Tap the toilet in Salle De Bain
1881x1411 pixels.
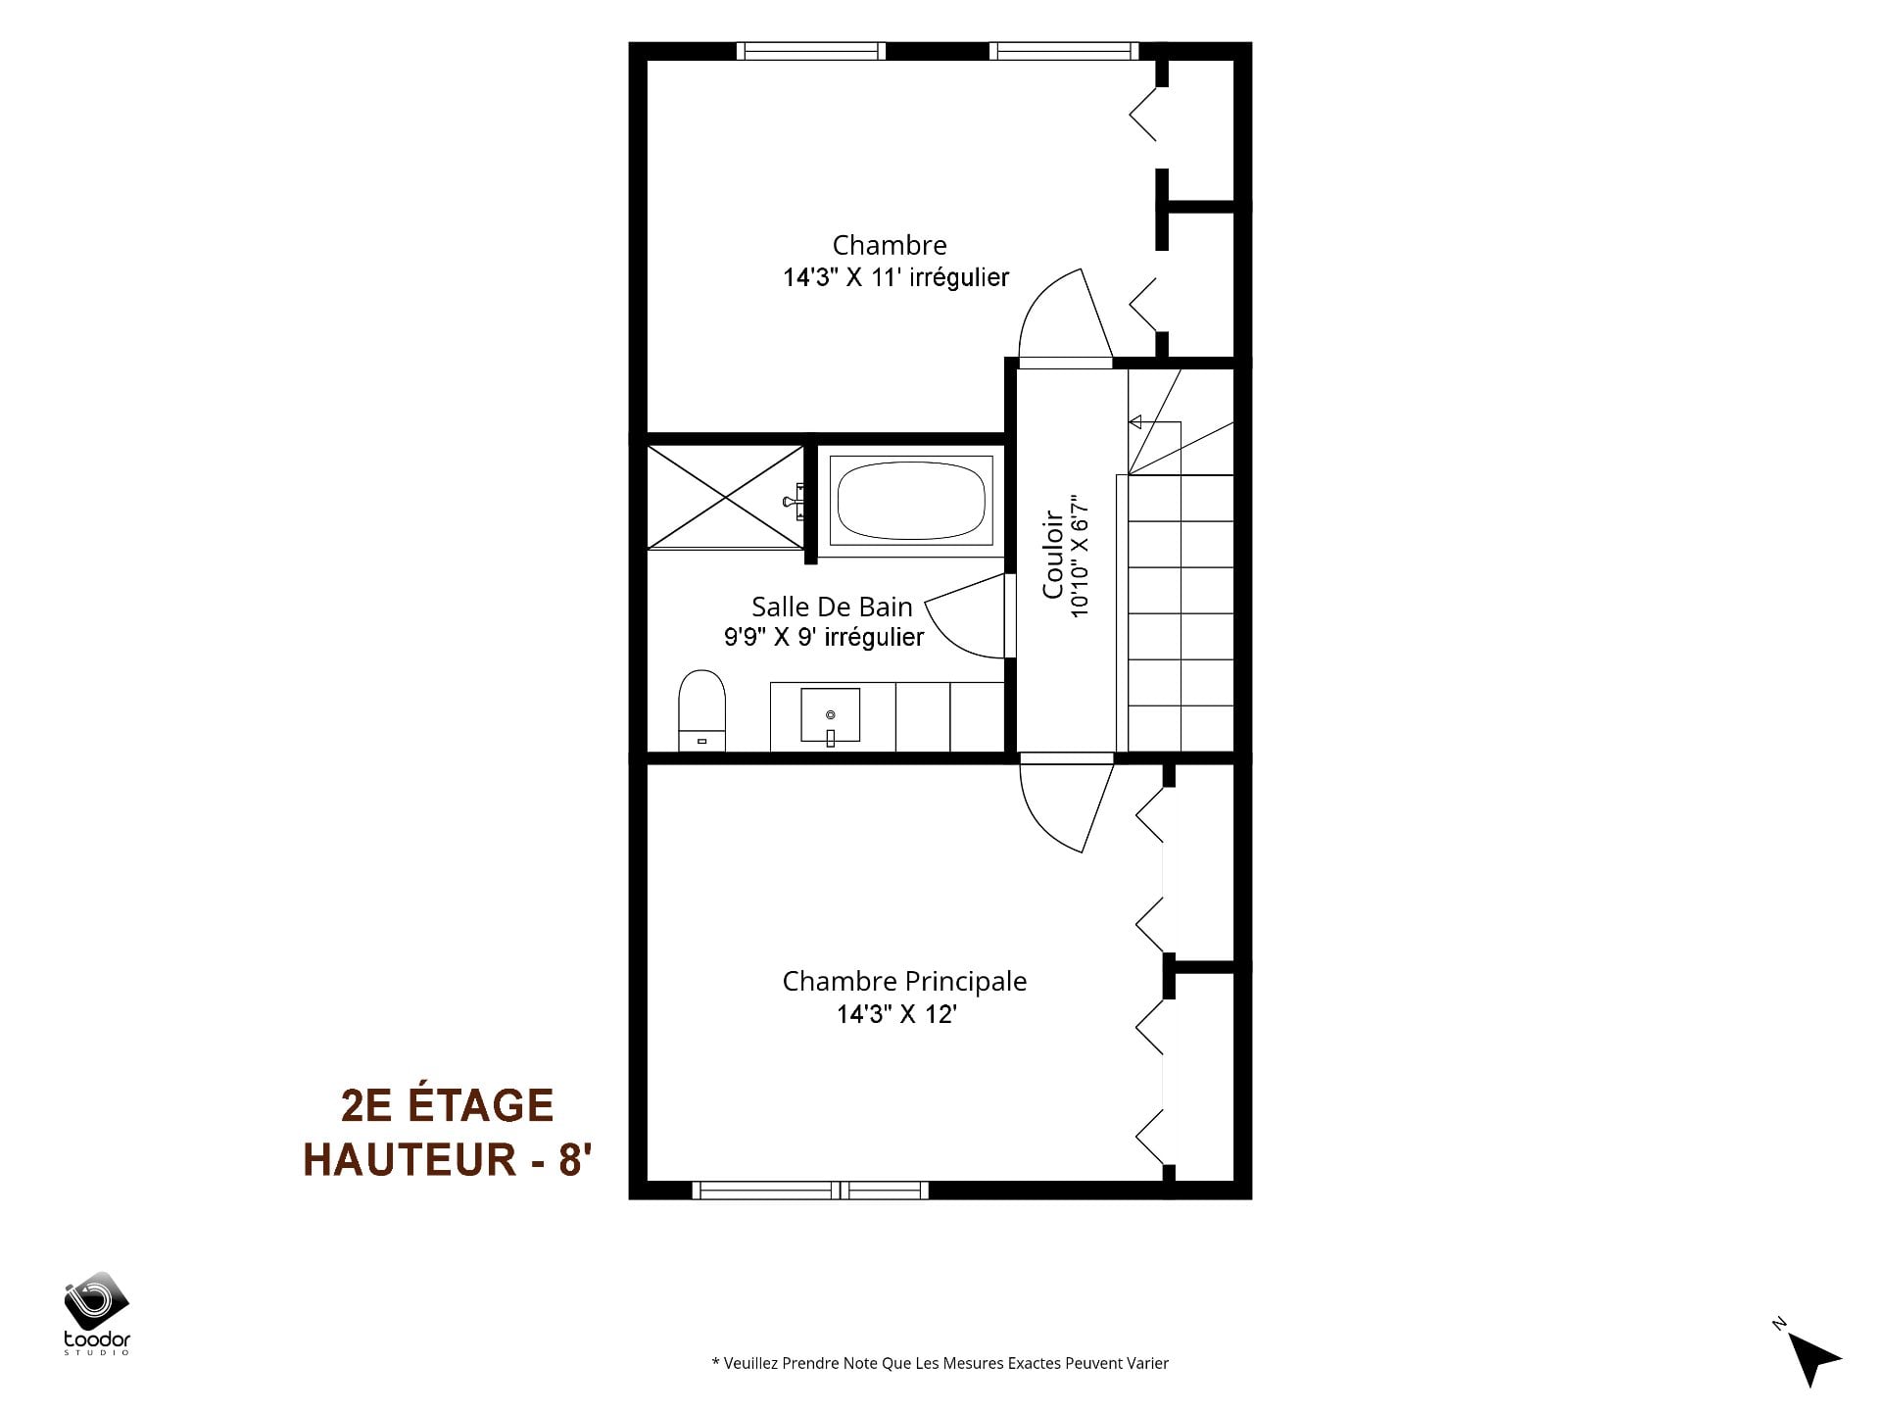click(701, 710)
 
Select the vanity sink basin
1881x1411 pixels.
click(831, 715)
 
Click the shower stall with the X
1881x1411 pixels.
click(725, 496)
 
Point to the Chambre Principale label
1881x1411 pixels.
click(904, 981)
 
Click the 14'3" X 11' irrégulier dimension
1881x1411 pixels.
click(895, 278)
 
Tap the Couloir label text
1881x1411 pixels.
click(1053, 554)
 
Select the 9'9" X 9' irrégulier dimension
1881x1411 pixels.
click(824, 638)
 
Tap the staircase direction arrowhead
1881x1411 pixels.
click(1135, 422)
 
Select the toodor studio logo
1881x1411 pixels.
click(97, 1313)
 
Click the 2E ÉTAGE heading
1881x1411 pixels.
click(447, 1105)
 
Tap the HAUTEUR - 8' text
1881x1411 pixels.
click(448, 1159)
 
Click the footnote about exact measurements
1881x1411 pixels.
click(940, 1363)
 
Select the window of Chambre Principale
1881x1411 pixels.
click(810, 1191)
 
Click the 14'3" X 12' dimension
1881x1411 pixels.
click(895, 1014)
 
